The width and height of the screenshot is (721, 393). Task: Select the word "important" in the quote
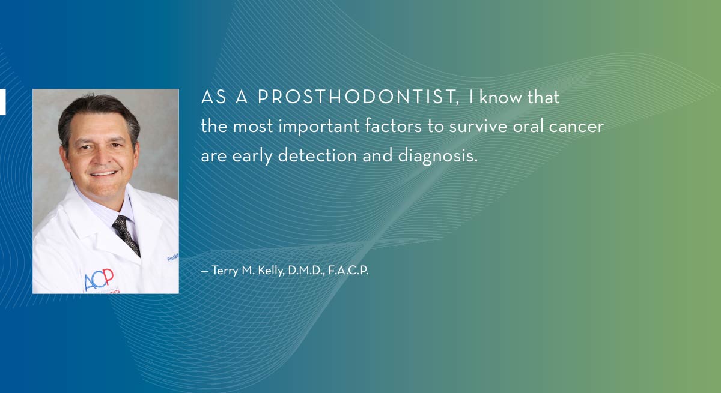click(318, 127)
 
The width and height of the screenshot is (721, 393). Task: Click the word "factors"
click(393, 125)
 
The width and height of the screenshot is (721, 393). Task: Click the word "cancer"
click(576, 127)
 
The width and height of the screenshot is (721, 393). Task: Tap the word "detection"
click(317, 155)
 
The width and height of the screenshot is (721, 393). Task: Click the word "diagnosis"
click(438, 156)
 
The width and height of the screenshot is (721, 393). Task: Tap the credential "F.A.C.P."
click(348, 271)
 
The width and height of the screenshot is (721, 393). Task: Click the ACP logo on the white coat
click(99, 279)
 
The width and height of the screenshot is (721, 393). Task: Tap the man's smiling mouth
click(103, 173)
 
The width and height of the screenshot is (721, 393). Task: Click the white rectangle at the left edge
click(2, 102)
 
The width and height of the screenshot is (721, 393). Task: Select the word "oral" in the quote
click(528, 126)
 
